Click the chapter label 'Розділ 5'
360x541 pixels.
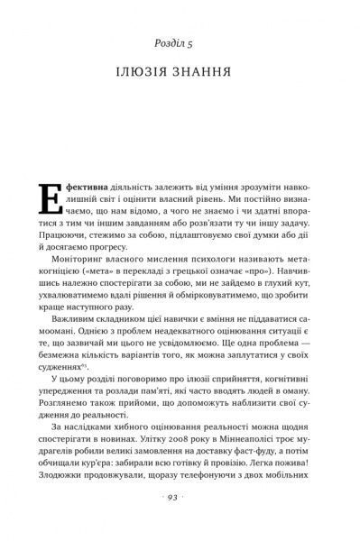pos(180,41)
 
